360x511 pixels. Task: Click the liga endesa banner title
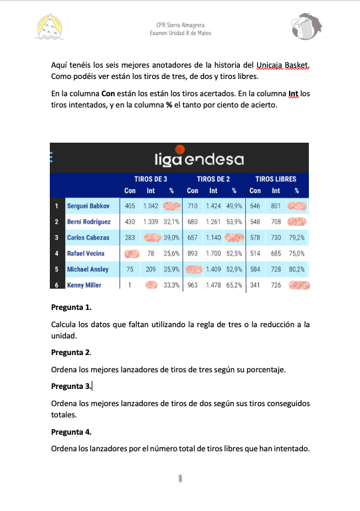pyautogui.click(x=199, y=159)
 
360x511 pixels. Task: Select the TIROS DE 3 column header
pyautogui.click(x=151, y=179)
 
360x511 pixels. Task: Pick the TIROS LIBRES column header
pyautogui.click(x=276, y=179)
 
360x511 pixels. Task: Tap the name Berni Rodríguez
pyautogui.click(x=89, y=222)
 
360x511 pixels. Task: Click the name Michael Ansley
pyautogui.click(x=88, y=269)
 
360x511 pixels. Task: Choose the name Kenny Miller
pyautogui.click(x=84, y=285)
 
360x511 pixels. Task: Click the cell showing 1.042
pyautogui.click(x=151, y=206)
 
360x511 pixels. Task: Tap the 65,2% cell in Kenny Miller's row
pyautogui.click(x=234, y=285)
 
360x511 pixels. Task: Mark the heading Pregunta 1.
pyautogui.click(x=71, y=307)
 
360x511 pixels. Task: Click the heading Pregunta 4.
pyautogui.click(x=71, y=431)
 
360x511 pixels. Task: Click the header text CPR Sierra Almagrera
pyautogui.click(x=179, y=24)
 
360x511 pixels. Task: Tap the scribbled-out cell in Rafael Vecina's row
pyautogui.click(x=132, y=254)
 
